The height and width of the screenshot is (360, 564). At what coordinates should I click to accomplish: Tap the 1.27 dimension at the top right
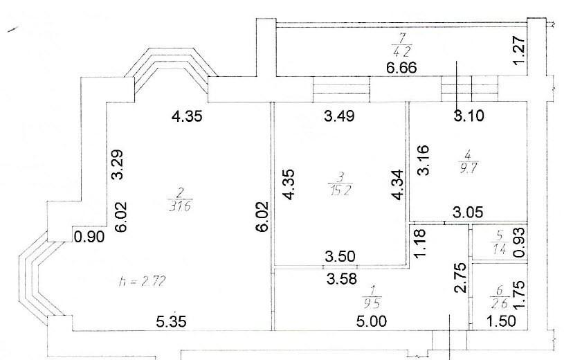click(522, 51)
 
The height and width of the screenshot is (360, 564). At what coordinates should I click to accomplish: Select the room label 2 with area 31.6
click(176, 199)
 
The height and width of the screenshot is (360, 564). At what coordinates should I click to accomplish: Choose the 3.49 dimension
click(339, 116)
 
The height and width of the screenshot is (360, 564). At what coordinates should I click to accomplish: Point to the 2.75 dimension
click(458, 276)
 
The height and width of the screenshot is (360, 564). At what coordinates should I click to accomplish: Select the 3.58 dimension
click(341, 278)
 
